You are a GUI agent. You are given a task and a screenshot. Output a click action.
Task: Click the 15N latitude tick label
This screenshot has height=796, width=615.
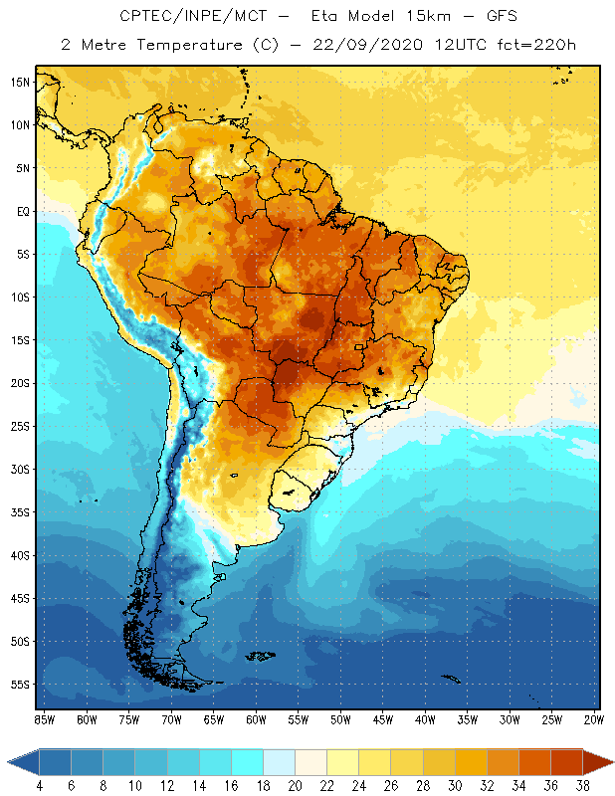(20, 82)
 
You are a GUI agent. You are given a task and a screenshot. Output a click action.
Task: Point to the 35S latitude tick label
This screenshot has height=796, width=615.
(20, 512)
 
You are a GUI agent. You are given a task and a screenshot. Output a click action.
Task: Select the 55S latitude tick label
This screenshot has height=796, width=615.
(20, 685)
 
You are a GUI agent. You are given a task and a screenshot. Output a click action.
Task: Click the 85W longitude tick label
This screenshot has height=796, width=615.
(44, 719)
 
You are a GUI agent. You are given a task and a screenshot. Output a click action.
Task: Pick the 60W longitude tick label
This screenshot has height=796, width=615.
(256, 719)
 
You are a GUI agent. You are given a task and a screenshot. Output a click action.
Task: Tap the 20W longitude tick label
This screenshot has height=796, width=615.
(594, 719)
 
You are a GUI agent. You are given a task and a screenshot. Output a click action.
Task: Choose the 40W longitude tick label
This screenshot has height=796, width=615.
(425, 719)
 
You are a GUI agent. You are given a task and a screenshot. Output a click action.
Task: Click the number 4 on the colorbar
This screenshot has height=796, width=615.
(39, 786)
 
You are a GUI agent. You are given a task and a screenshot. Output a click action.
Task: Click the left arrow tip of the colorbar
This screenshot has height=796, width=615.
(9, 762)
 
